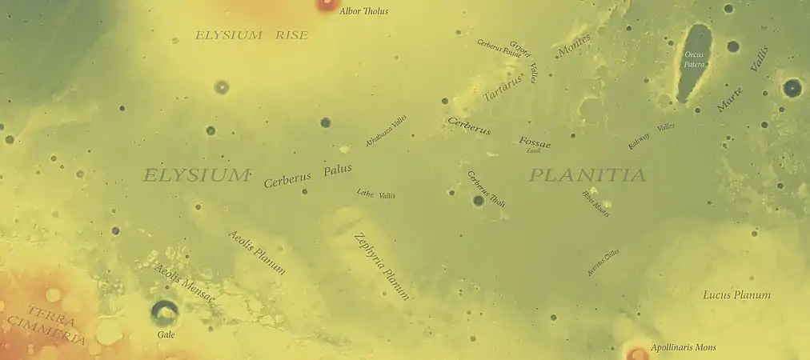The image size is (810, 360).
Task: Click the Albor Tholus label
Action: tap(364, 12)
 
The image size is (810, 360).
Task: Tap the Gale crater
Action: tap(165, 312)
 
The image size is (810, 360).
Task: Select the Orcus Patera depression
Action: tap(695, 62)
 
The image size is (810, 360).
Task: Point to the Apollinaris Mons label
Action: tap(683, 348)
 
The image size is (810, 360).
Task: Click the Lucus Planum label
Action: tap(736, 295)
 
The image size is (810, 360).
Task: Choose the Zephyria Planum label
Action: tap(382, 266)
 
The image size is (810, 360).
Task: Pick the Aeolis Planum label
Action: tap(257, 253)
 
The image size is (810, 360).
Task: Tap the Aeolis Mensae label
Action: tap(184, 283)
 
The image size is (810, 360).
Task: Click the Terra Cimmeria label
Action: tap(45, 324)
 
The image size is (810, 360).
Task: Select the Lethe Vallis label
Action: tap(375, 194)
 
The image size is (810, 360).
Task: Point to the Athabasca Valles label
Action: tap(387, 130)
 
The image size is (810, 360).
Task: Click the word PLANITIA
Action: tap(587, 175)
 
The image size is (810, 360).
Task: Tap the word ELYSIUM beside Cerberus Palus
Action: tap(196, 175)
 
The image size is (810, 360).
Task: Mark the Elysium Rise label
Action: tap(251, 35)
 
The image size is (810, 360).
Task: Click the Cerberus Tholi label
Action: tap(487, 189)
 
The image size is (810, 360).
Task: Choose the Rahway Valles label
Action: tap(651, 137)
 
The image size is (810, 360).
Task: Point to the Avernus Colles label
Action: tap(603, 262)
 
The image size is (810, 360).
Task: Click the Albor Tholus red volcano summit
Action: tap(327, 3)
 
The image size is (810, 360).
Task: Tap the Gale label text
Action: tap(166, 334)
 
